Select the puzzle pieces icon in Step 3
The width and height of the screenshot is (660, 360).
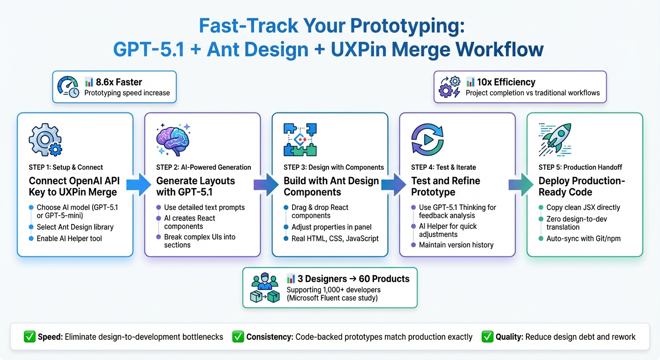pos(300,140)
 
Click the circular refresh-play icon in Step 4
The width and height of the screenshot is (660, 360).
pos(427,140)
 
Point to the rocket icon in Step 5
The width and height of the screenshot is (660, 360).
pos(556,140)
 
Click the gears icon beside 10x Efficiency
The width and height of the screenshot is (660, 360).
pos(449,87)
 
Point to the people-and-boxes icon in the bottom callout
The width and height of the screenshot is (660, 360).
pos(265,288)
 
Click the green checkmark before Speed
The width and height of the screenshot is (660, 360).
pos(29,337)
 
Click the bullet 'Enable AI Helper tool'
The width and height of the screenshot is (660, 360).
pos(69,238)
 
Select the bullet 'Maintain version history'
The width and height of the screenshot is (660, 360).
pos(456,245)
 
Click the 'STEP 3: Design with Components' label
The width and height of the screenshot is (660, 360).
pos(334,167)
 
